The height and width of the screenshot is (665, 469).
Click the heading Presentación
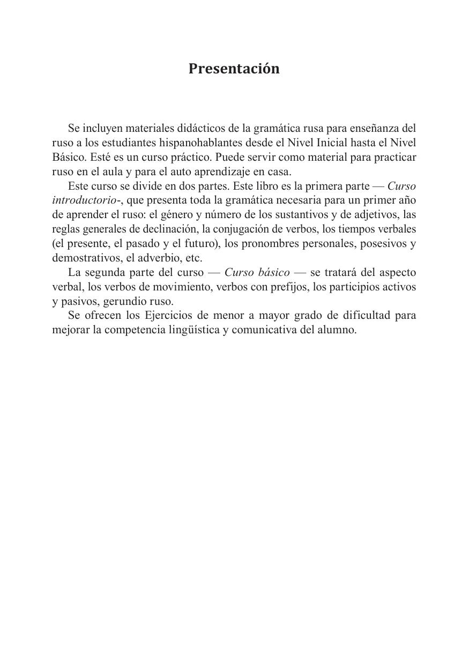click(x=234, y=69)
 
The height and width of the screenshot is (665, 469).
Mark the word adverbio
click(x=155, y=258)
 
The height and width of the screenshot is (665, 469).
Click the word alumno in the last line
click(x=338, y=330)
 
